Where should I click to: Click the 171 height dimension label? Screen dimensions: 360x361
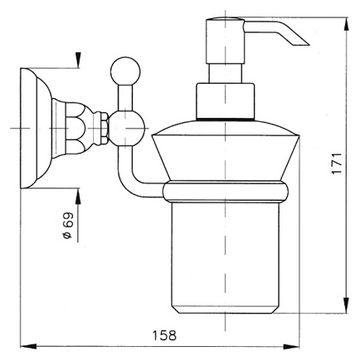pyautogui.click(x=338, y=163)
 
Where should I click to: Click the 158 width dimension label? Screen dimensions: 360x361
pyautogui.click(x=164, y=335)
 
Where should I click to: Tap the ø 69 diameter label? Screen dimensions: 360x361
pyautogui.click(x=68, y=225)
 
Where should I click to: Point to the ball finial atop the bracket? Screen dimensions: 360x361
pyautogui.click(x=125, y=71)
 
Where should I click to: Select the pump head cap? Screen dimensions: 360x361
pyautogui.click(x=226, y=41)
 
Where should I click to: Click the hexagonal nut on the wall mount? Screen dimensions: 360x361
pyautogui.click(x=105, y=128)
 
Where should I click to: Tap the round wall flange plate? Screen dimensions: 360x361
pyautogui.click(x=36, y=129)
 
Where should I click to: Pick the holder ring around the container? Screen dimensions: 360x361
pyautogui.click(x=226, y=192)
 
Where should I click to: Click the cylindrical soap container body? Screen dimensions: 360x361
pyautogui.click(x=226, y=258)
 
